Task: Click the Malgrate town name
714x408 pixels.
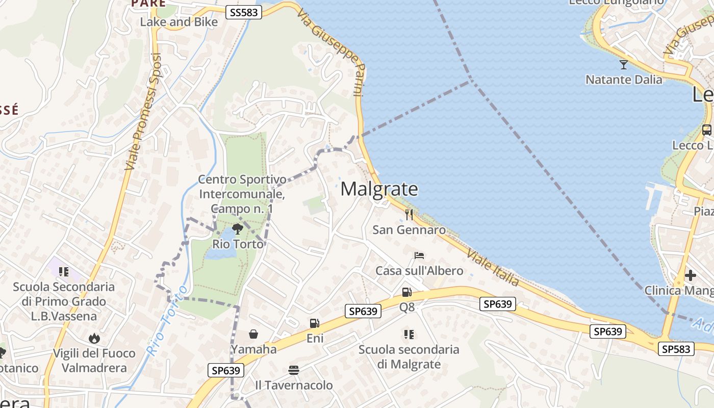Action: [379, 189]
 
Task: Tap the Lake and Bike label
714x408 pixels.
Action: [178, 22]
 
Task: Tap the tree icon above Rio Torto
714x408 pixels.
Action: [237, 228]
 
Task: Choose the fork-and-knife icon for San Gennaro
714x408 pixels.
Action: [409, 214]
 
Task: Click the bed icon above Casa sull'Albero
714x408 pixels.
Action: [419, 255]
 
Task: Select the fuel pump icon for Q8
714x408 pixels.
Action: [407, 292]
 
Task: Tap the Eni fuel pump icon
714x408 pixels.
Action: [315, 323]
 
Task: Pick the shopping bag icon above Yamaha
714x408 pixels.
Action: [253, 334]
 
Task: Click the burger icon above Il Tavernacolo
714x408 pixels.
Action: [293, 370]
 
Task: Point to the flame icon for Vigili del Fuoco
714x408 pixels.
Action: [94, 338]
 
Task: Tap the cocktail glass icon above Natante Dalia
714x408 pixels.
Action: [623, 64]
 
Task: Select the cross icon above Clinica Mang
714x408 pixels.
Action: [690, 275]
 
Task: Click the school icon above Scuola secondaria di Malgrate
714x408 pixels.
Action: [409, 334]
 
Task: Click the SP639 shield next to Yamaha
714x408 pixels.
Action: [226, 370]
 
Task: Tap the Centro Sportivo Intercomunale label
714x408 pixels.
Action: [242, 194]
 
